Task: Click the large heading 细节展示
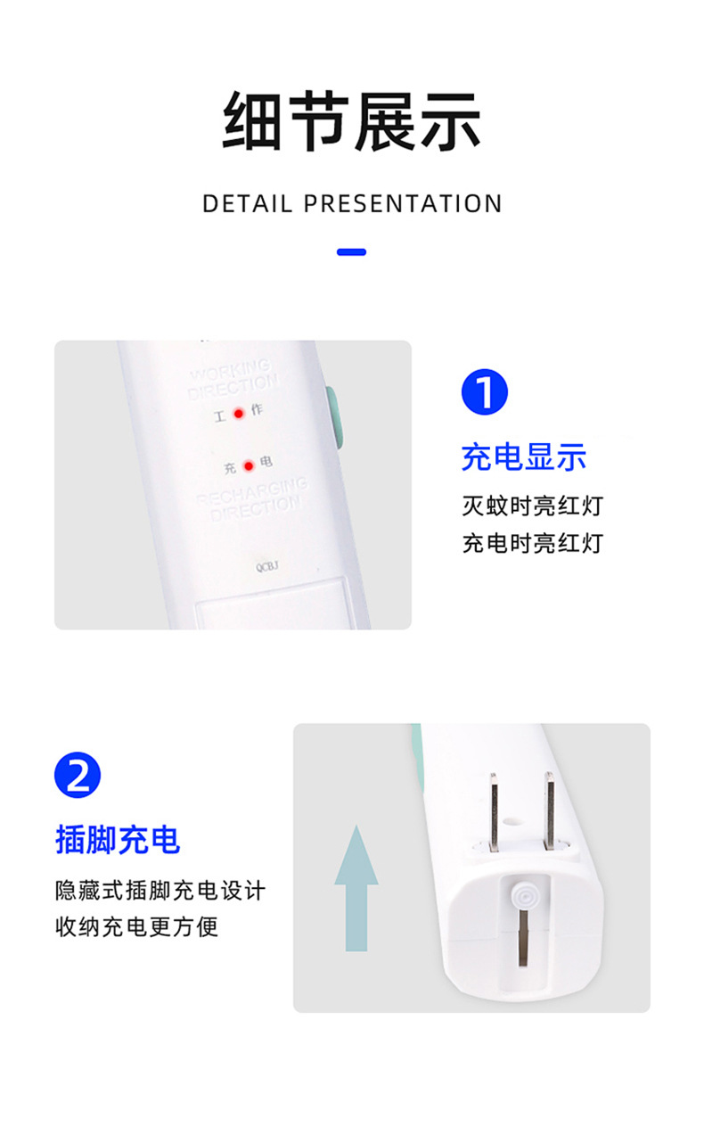[351, 121]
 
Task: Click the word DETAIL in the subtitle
[247, 204]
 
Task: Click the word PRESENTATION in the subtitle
[403, 204]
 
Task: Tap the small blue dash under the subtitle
[351, 252]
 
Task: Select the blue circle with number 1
[484, 391]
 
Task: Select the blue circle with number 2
[78, 775]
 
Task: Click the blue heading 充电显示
[523, 456]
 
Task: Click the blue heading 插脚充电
[118, 839]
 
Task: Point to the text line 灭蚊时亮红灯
[532, 506]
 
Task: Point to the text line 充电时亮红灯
[532, 542]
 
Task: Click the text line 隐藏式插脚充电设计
[160, 890]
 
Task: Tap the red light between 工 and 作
[239, 414]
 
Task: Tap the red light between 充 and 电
[249, 465]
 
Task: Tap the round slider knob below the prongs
[522, 893]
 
